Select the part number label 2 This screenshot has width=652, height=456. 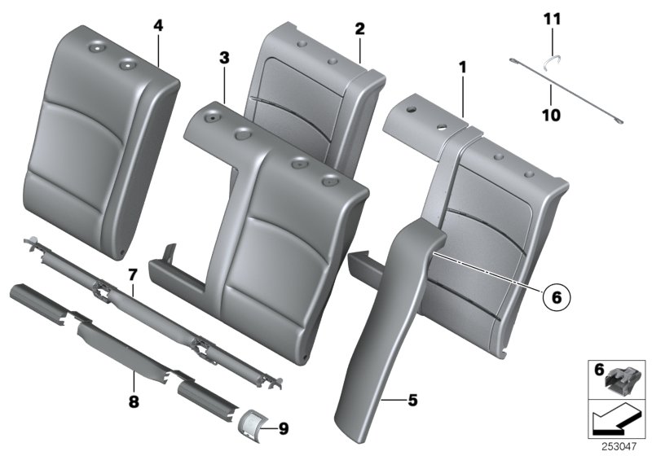click(359, 28)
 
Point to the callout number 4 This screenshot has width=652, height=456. click(158, 25)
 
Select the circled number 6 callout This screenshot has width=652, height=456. click(556, 298)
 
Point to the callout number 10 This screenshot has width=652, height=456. click(551, 116)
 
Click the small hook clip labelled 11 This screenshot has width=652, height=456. click(552, 58)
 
